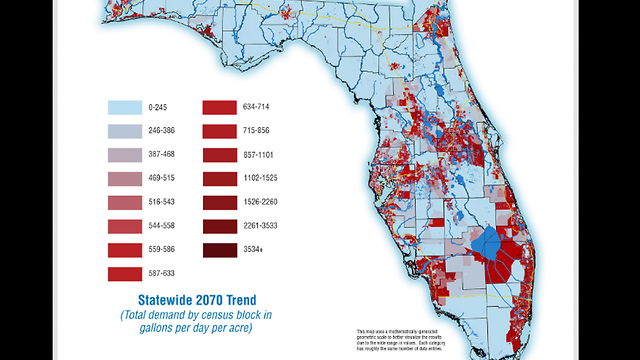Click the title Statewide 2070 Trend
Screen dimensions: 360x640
[191, 300]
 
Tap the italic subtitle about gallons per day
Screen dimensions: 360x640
[191, 321]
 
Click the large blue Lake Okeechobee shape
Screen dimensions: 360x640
[489, 243]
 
